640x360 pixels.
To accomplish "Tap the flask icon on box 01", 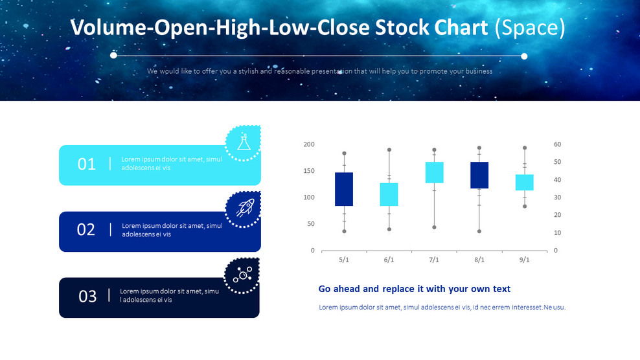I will point(244,142).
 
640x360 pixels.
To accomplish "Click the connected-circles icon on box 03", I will point(242,275).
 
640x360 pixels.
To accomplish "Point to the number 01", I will point(86,164).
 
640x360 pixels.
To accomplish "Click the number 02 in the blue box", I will point(86,230).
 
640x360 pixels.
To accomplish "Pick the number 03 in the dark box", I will point(87,297).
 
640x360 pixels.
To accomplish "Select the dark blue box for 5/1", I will point(344,189).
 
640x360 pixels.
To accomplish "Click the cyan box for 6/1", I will point(389,194).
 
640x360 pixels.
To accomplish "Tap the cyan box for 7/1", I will point(434,172).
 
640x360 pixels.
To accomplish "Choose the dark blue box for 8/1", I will point(479,175).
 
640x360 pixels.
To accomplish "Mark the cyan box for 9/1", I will point(525,182).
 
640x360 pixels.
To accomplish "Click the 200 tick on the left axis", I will point(309,144).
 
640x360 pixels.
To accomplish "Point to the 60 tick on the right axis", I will point(557,144).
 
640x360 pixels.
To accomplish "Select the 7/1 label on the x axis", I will point(434,260).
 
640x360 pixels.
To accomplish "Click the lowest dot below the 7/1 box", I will point(434,227).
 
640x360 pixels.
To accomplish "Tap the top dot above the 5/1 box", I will point(344,153).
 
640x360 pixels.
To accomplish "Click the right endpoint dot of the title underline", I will point(524,56).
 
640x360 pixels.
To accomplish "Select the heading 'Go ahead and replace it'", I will point(415,289).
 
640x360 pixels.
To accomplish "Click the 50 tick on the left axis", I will point(311,224).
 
